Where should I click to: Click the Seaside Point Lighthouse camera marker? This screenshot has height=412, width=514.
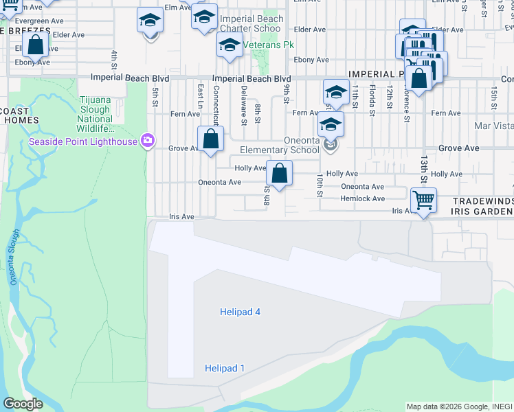click(147, 141)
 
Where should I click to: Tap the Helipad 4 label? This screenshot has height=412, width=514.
click(240, 312)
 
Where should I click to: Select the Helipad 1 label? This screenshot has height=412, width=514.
click(225, 369)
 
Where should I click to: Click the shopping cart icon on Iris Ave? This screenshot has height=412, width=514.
click(423, 201)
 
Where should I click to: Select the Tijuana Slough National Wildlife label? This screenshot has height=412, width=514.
click(96, 114)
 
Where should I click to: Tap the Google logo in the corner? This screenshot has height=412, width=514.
click(23, 403)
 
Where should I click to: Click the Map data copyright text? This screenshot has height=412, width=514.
click(458, 407)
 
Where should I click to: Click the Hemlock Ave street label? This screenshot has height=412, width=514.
click(362, 198)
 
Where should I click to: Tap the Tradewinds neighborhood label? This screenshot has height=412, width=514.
click(482, 201)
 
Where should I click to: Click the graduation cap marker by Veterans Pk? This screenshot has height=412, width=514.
click(230, 45)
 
